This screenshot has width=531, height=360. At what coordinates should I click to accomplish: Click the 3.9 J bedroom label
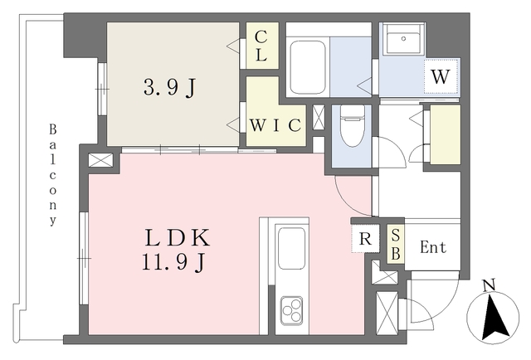click(x=169, y=88)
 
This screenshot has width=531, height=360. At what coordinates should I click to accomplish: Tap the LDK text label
click(x=178, y=238)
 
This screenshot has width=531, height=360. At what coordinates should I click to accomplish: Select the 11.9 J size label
click(x=173, y=262)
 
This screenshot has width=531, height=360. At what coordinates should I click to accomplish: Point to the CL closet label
click(x=261, y=46)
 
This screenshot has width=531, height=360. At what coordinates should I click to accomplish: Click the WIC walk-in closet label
click(x=275, y=125)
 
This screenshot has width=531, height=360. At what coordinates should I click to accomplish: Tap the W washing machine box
click(x=441, y=76)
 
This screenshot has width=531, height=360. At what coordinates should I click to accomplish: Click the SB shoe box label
click(x=396, y=245)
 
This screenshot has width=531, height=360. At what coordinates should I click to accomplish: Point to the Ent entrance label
click(x=433, y=247)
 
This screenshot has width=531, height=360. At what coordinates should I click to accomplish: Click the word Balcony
click(x=52, y=175)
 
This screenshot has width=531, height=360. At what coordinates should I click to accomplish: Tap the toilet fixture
click(x=352, y=125)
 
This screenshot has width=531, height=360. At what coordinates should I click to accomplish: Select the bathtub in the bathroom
click(x=308, y=67)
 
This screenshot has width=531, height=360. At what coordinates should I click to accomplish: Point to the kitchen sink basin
click(x=291, y=248)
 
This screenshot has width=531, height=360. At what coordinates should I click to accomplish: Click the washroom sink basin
click(x=403, y=39)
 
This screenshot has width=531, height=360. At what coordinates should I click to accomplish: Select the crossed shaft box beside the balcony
click(x=100, y=160)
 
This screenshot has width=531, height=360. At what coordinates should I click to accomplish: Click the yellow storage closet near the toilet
click(x=446, y=134)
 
